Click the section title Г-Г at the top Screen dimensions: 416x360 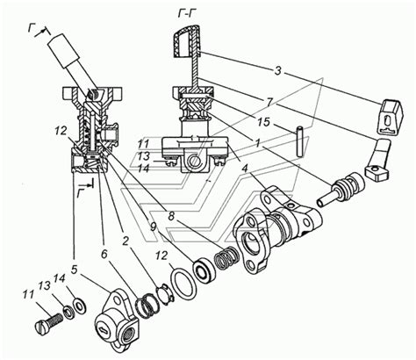(x=185, y=14)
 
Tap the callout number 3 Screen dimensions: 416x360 (x=278, y=70)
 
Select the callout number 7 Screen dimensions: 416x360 (x=269, y=102)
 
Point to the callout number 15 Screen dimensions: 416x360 (x=263, y=122)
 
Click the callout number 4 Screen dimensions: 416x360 (x=245, y=169)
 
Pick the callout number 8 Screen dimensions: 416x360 (x=171, y=217)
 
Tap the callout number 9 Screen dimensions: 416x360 (x=154, y=227)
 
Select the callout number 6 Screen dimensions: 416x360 (x=104, y=254)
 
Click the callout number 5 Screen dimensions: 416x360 (x=74, y=270)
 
